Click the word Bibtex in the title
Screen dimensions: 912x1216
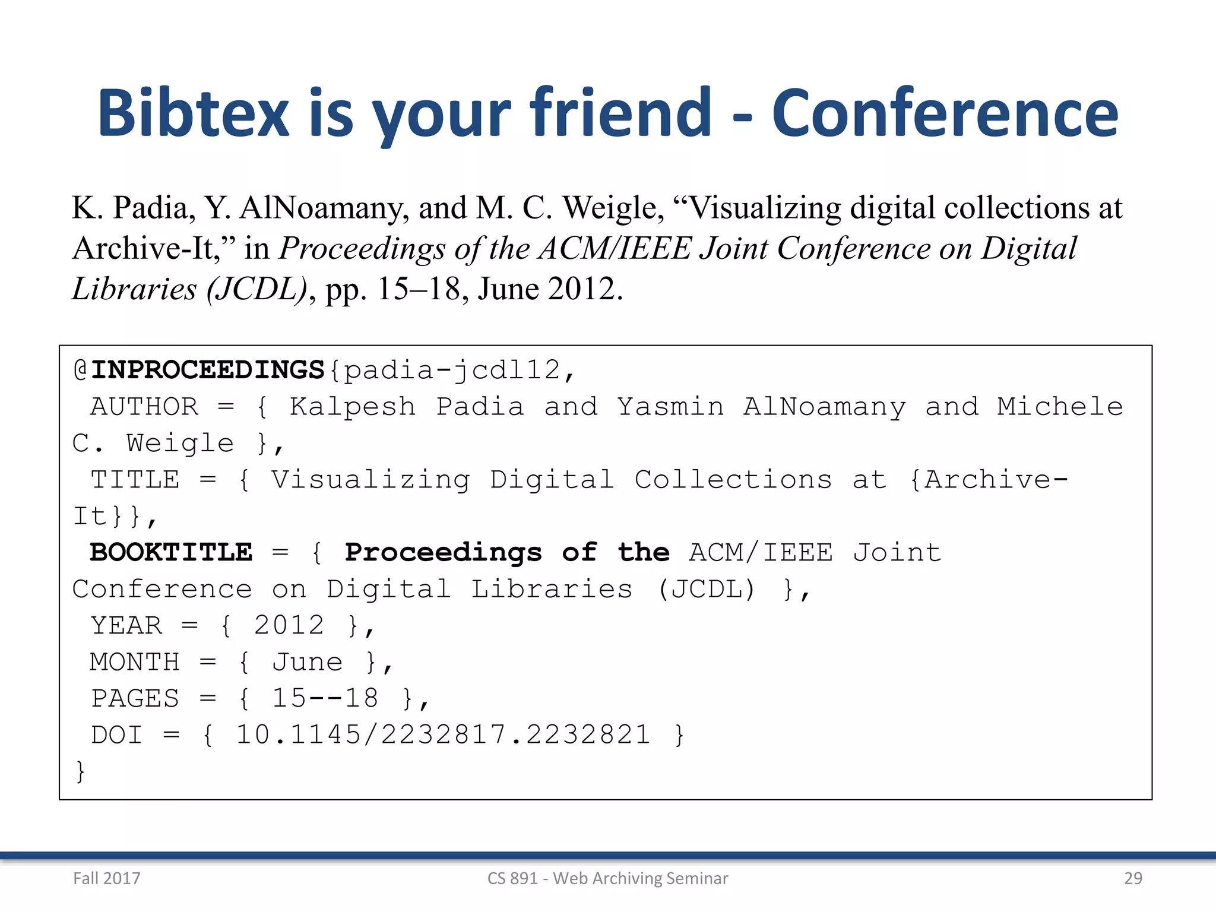[193, 113]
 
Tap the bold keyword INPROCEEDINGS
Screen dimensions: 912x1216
[207, 370]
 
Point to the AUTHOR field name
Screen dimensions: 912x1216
[144, 407]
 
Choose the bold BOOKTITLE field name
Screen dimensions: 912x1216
[171, 552]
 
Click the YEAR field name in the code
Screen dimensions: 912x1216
[126, 625]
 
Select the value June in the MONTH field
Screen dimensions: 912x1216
[307, 662]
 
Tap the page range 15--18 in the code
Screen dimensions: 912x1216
[325, 698]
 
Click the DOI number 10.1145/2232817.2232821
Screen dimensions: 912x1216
[443, 735]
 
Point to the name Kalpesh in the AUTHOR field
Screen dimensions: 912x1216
[352, 407]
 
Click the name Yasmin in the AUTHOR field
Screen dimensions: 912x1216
[670, 407]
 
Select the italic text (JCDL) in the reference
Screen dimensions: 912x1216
[256, 289]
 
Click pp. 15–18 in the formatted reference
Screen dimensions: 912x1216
[392, 289]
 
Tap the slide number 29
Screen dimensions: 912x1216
[1133, 878]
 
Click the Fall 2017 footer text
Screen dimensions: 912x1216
[107, 878]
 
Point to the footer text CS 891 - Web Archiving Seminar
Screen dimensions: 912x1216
[607, 878]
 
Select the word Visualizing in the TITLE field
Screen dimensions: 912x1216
[370, 480]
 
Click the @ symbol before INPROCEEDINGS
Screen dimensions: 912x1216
[80, 370]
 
